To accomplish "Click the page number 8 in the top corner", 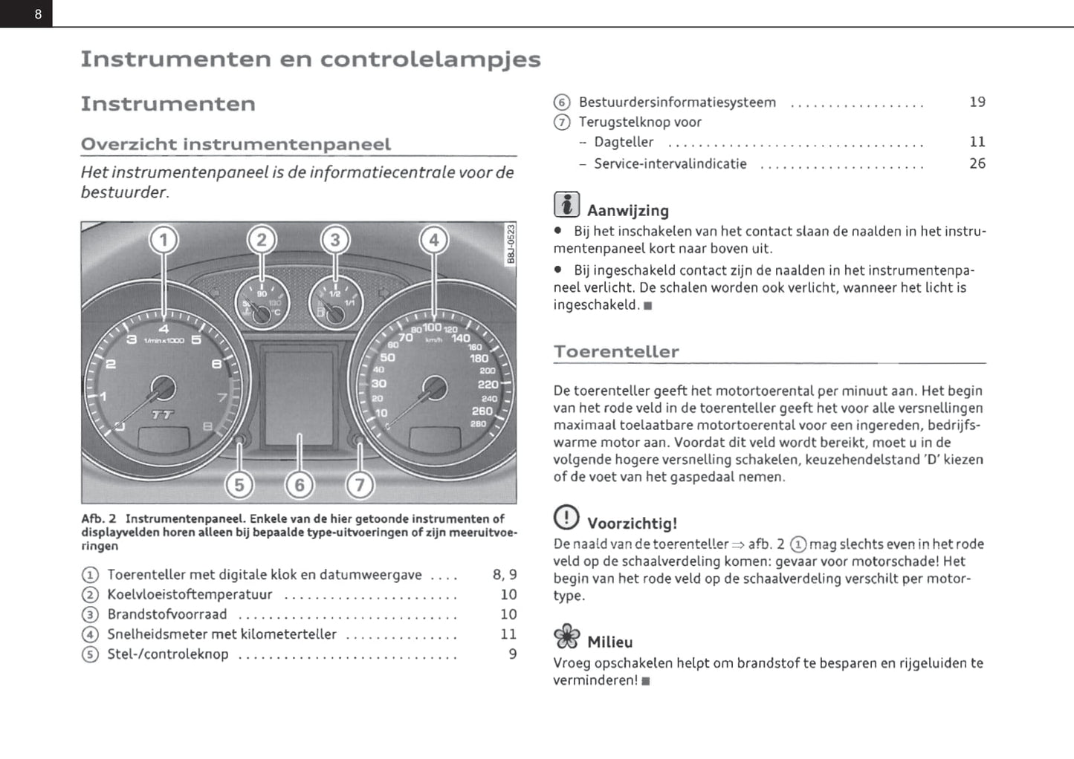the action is (38, 14).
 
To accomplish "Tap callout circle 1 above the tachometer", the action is (164, 240).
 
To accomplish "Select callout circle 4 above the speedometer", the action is (434, 240).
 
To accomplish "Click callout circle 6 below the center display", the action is (300, 485).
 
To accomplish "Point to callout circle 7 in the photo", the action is (360, 485).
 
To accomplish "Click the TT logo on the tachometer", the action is (163, 414).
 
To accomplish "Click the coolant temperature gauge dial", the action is (262, 303).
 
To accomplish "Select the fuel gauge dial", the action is (336, 303).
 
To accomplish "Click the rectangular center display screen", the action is (300, 399).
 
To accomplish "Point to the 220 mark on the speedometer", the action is (488, 384).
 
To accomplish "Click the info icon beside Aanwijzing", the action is (566, 205).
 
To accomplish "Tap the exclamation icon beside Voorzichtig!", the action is (566, 517).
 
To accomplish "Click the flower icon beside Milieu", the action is (566, 636).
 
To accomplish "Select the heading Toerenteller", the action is (616, 352).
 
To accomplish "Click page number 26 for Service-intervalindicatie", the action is (977, 163).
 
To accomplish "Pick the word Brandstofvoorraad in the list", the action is (167, 614).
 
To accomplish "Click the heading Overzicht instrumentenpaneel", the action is (236, 144).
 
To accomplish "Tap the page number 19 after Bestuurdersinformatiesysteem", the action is (977, 102).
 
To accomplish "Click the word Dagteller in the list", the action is (624, 142).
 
